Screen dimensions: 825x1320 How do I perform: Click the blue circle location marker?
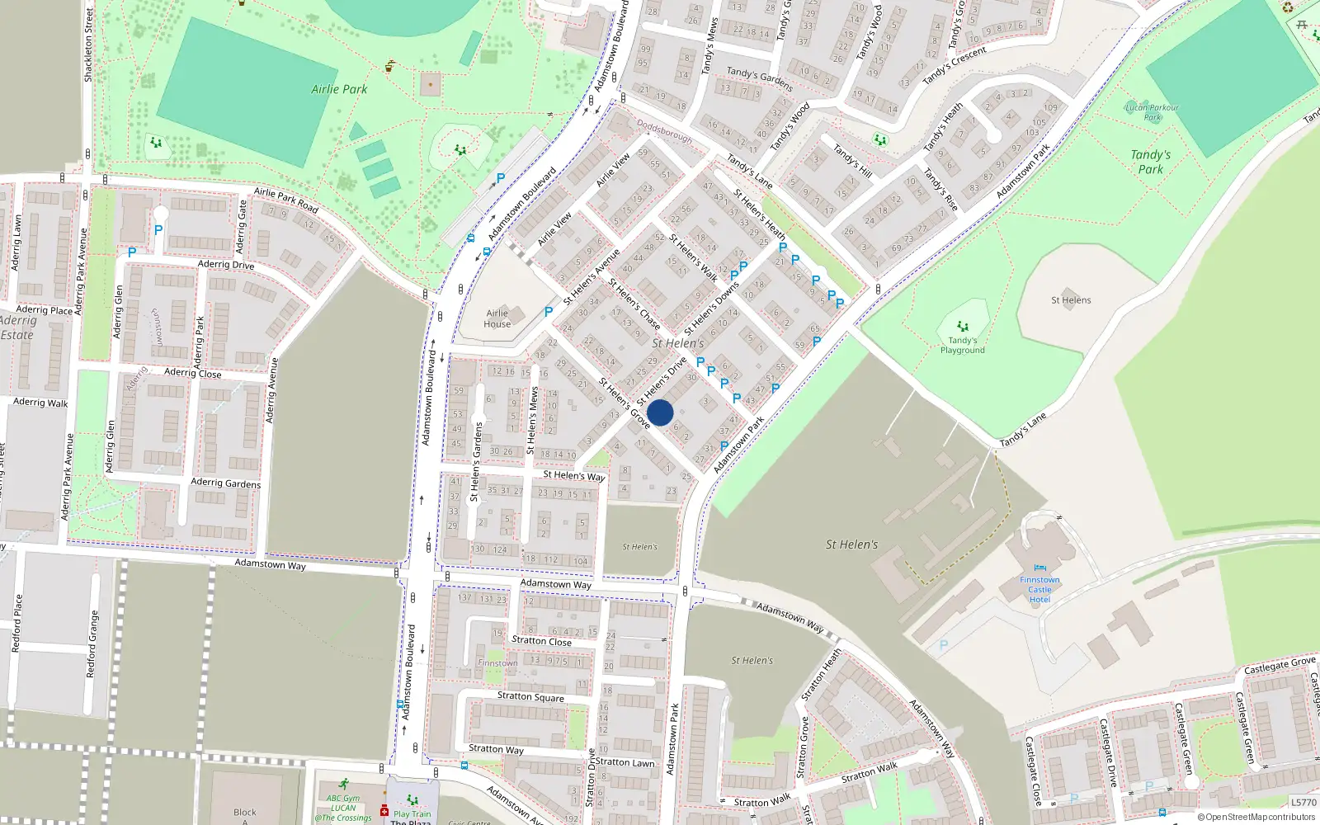660,412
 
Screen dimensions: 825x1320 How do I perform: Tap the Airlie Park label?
339,89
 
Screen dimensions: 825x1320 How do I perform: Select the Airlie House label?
497,318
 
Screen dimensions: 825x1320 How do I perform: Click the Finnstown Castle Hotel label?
1039,589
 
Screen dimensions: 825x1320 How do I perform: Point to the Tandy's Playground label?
962,345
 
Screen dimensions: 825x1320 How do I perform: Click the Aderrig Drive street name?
226,265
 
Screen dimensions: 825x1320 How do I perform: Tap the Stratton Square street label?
530,696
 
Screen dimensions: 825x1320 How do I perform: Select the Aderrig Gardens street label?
225,483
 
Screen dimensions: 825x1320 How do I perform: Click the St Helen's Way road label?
574,475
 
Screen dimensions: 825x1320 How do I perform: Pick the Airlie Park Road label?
285,199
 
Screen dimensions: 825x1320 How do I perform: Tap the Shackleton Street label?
88,45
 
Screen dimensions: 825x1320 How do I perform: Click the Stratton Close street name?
541,640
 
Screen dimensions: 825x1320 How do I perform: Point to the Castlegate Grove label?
1280,665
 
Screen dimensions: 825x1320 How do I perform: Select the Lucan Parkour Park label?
1152,112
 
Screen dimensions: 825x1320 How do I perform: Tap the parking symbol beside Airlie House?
549,312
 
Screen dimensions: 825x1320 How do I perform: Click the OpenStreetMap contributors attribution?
1256,817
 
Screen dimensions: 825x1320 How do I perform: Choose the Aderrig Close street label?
192,373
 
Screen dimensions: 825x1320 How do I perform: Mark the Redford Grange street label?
93,643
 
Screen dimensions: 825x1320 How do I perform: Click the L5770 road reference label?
1303,802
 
